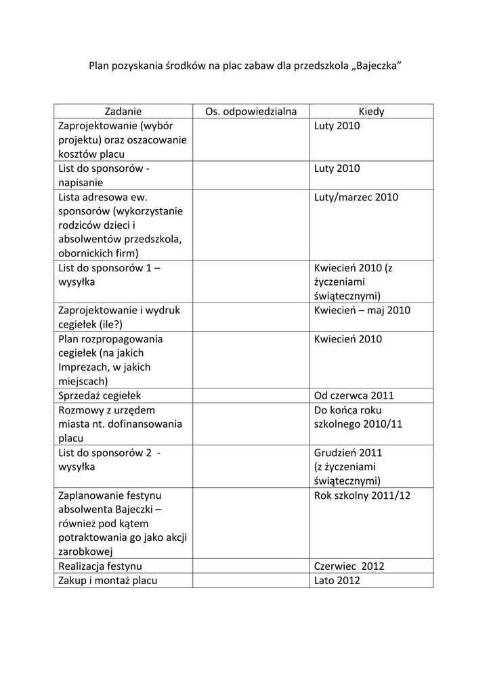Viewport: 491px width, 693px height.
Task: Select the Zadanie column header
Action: tap(123, 112)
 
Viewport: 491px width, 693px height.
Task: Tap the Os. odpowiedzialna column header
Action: tap(251, 112)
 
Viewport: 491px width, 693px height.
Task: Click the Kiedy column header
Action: tap(371, 112)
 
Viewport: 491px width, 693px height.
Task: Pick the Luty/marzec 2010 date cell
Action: tap(356, 197)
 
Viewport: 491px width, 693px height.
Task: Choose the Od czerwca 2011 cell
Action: tap(354, 395)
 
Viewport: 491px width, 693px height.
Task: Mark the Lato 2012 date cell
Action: tap(337, 580)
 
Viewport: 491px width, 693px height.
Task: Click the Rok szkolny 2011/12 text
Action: tap(362, 495)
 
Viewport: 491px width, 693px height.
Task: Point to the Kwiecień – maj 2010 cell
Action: tap(362, 310)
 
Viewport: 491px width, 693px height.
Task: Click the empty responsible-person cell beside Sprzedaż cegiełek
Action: tap(251, 395)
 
